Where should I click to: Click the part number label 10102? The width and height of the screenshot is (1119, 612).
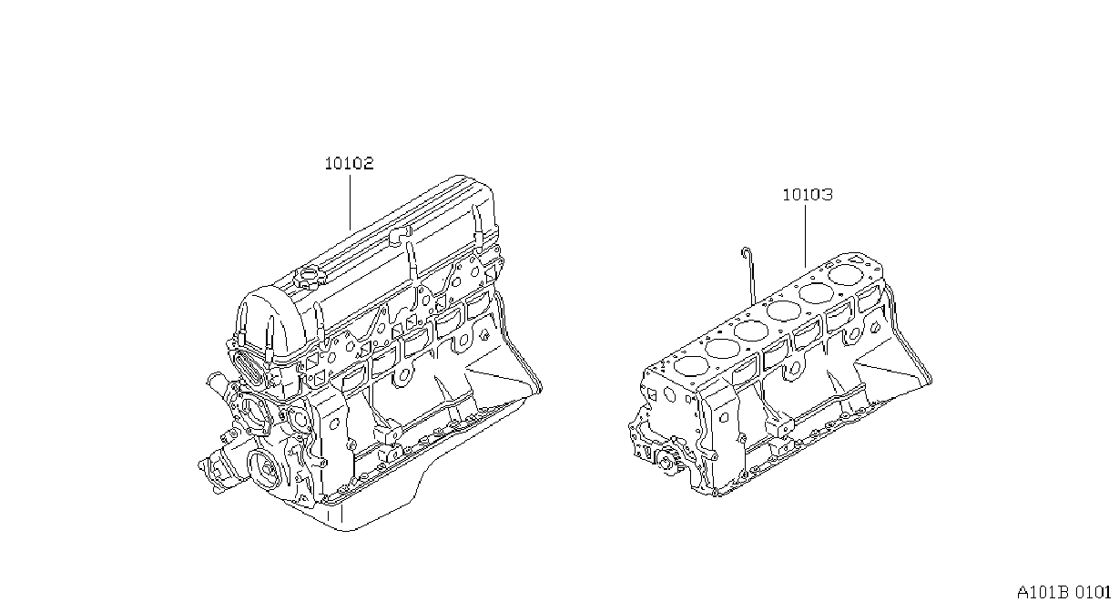coord(350,163)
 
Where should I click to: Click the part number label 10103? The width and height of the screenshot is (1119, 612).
coord(808,194)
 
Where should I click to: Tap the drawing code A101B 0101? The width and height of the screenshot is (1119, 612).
coord(1064,593)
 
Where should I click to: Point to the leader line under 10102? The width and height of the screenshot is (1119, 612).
coord(350,202)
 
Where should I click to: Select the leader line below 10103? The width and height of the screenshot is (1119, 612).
coord(805,237)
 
